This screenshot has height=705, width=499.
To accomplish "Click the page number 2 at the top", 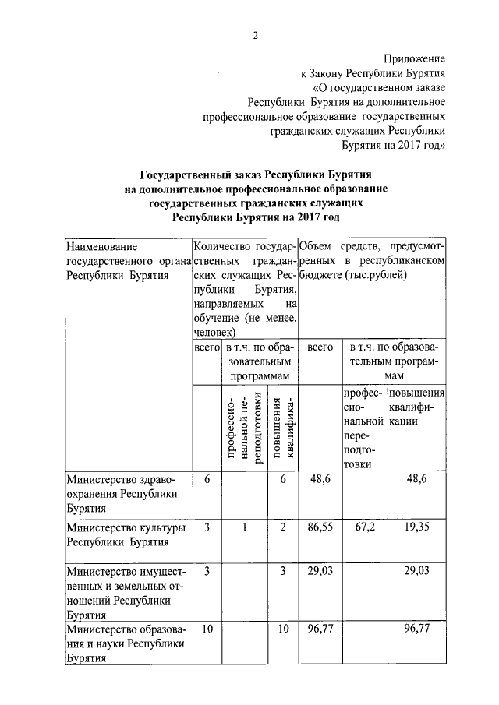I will (255, 35).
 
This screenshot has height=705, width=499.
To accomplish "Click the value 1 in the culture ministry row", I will (244, 528).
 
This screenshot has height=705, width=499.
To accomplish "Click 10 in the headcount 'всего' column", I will (207, 629).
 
